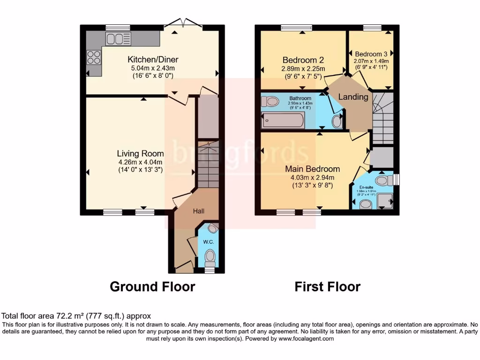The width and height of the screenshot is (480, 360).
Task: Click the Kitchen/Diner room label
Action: pyautogui.click(x=153, y=60)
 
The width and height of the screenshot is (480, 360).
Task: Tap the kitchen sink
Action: pyautogui.click(x=115, y=39)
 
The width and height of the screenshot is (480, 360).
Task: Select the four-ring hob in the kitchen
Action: pyautogui.click(x=94, y=57)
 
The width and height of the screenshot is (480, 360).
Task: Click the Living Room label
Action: pyautogui.click(x=140, y=153)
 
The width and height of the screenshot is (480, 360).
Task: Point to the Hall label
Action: pyautogui.click(x=199, y=211)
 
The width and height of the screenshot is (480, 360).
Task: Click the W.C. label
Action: pyautogui.click(x=209, y=242)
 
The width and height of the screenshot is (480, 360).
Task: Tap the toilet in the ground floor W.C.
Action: pyautogui.click(x=210, y=256)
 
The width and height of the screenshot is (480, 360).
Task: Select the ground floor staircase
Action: pyautogui.click(x=207, y=165)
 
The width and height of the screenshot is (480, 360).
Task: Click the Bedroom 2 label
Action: pyautogui.click(x=303, y=60)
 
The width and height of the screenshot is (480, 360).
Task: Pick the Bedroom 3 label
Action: pyautogui.click(x=371, y=54)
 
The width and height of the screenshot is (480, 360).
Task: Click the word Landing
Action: pyautogui.click(x=354, y=97)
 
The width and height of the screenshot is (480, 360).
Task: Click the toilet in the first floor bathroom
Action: pyautogui.click(x=270, y=101)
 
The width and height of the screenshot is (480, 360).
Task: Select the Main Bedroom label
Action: pyautogui.click(x=313, y=169)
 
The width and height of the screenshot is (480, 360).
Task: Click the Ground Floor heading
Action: pyautogui.click(x=152, y=286)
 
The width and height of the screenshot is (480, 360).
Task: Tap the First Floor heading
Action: pyautogui.click(x=327, y=286)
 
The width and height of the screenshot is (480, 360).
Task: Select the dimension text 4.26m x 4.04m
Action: pyautogui.click(x=140, y=162)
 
